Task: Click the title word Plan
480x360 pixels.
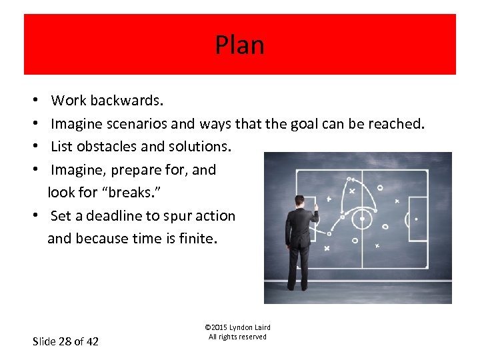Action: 239,45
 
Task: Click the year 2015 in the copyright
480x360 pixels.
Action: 220,327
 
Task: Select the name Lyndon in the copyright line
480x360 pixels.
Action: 241,327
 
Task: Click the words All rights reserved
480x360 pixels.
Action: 237,337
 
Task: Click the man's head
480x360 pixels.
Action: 301,201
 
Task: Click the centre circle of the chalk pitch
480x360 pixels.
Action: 362,218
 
